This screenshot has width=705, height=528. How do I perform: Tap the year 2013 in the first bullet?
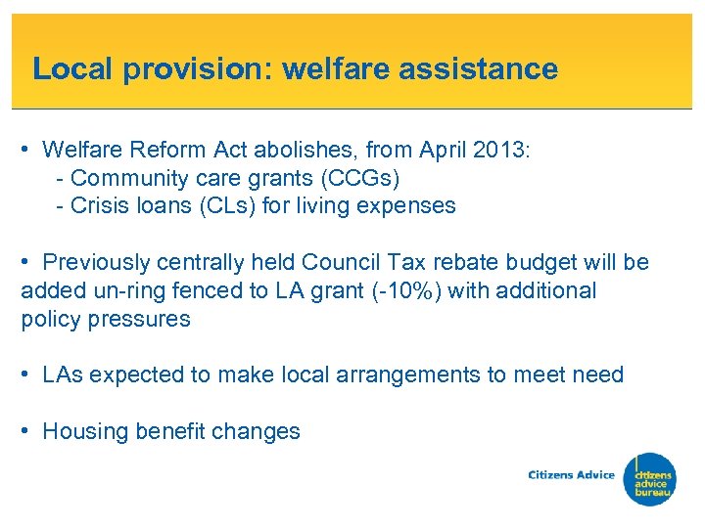click(497, 151)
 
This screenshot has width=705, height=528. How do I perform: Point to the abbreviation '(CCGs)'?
click(364, 178)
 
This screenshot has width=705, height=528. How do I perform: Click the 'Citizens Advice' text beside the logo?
click(572, 475)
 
